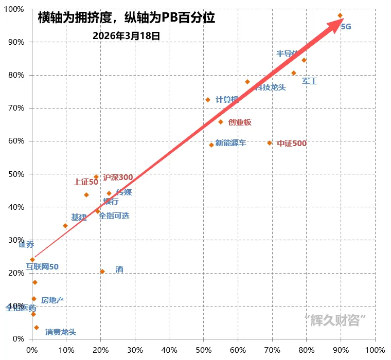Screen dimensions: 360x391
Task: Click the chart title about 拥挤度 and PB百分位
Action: (x=127, y=18)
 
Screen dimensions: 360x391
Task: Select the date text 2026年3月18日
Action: (x=127, y=36)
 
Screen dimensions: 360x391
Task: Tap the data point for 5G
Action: (x=340, y=15)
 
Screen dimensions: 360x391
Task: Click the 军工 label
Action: (x=310, y=81)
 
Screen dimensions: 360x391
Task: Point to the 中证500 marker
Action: (x=269, y=143)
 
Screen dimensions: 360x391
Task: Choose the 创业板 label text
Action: (x=240, y=122)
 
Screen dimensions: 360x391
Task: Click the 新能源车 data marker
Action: (x=211, y=145)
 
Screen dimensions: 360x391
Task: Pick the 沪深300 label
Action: (x=118, y=177)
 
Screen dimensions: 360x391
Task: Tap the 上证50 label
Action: (x=85, y=182)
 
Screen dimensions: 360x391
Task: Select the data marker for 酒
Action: (x=102, y=272)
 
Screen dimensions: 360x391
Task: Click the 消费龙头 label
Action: (x=60, y=332)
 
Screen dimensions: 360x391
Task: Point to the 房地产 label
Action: (x=52, y=300)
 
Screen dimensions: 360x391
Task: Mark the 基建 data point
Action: (x=65, y=226)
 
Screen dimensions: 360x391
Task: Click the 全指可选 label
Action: (x=114, y=216)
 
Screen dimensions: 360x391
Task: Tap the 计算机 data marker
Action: (x=208, y=100)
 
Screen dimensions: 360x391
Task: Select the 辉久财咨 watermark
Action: (x=335, y=320)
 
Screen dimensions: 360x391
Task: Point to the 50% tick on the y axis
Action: (x=16, y=174)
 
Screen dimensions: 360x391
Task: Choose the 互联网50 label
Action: (x=42, y=267)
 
